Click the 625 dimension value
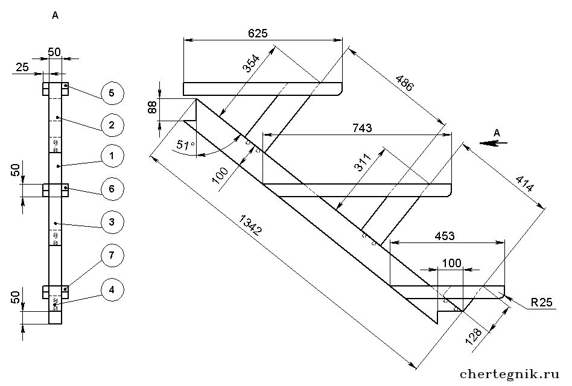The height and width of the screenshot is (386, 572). pos(258,33)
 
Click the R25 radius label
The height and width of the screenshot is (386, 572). pos(542,303)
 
